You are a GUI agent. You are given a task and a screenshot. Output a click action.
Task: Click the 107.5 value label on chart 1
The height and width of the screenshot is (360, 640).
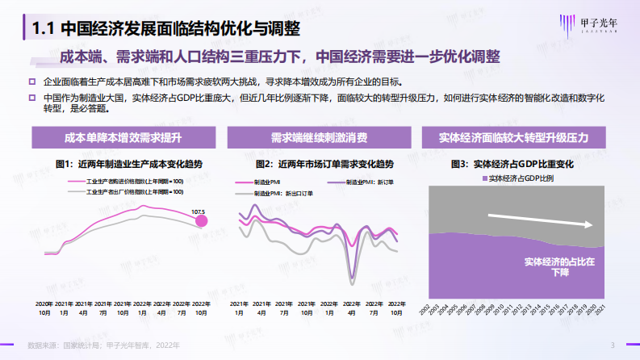coord(198,211)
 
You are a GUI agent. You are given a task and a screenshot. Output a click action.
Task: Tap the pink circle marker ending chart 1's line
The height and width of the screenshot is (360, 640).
coord(202,220)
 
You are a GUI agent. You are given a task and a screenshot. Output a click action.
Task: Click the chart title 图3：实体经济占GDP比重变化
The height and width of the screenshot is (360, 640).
coord(512,164)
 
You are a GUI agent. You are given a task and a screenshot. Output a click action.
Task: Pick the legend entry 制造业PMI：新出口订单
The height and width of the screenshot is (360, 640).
coord(278,194)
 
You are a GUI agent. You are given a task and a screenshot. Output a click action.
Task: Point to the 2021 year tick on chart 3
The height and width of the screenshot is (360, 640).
coord(598,311)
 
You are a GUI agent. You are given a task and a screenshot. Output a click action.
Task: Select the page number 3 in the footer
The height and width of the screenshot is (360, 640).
coord(613,345)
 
